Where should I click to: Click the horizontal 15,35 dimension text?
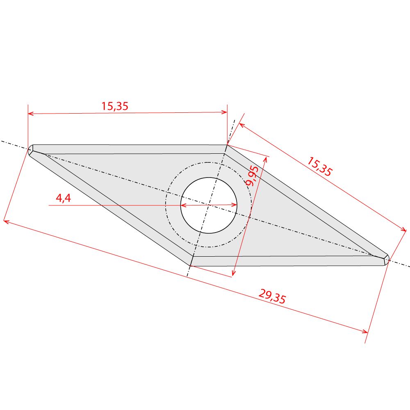coord(115,106)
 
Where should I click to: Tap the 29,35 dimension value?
coord(272,296)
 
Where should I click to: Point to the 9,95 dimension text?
coord(252,176)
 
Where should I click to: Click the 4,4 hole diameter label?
coord(64,198)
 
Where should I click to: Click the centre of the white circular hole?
coord(209,205)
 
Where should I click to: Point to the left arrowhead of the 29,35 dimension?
coord(6,222)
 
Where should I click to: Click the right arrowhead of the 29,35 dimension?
coord(365,331)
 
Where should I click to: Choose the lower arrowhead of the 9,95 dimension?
coord(233,273)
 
